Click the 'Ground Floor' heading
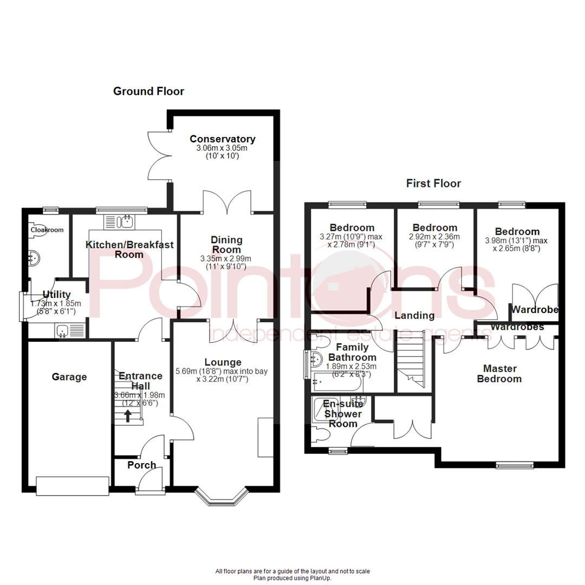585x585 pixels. (x=148, y=92)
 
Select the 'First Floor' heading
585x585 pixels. (x=433, y=184)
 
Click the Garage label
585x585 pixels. (x=69, y=377)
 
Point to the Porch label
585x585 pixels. (x=142, y=465)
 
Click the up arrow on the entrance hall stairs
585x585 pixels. (x=128, y=415)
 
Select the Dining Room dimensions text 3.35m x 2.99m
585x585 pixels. (x=226, y=258)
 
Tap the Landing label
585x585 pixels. (x=414, y=315)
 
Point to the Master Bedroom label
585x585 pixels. (x=499, y=373)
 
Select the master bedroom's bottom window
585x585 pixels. (x=515, y=464)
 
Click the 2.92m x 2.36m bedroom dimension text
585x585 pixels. (x=434, y=237)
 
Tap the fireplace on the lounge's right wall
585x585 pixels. (x=265, y=437)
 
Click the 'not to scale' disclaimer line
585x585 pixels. (x=292, y=571)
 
